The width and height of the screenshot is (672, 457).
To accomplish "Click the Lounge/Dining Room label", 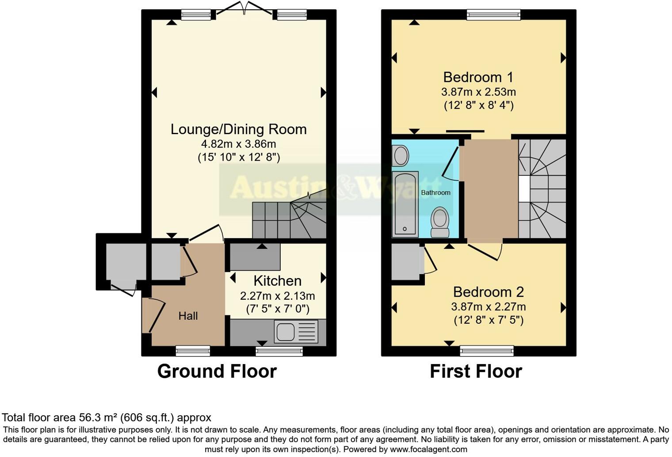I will pyautogui.click(x=238, y=129).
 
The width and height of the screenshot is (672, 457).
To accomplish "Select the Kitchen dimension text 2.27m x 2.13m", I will pyautogui.click(x=277, y=296).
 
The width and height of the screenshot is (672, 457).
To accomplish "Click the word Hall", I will pyautogui.click(x=188, y=316).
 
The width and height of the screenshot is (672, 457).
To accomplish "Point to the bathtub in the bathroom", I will pyautogui.click(x=405, y=204).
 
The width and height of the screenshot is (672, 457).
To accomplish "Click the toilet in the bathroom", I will pyautogui.click(x=440, y=222).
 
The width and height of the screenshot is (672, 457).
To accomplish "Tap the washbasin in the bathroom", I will pyautogui.click(x=401, y=156).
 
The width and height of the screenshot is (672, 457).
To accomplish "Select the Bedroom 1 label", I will pyautogui.click(x=478, y=77).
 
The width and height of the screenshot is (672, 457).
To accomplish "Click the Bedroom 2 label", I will pyautogui.click(x=488, y=292).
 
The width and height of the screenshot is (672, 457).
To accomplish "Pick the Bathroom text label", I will pyautogui.click(x=435, y=193).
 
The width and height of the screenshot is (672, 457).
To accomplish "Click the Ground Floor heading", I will pyautogui.click(x=217, y=371).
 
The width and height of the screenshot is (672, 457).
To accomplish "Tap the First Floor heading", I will pyautogui.click(x=476, y=371).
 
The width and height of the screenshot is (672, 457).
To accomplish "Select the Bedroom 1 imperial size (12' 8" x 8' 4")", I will pyautogui.click(x=478, y=105).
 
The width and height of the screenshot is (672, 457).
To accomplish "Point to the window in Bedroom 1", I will pyautogui.click(x=493, y=15).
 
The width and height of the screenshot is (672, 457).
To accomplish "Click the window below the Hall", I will pyautogui.click(x=193, y=351).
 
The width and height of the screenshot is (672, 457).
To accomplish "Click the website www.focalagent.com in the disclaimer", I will pyautogui.click(x=428, y=449).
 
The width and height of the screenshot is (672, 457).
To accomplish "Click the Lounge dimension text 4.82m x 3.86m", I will pyautogui.click(x=238, y=144).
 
